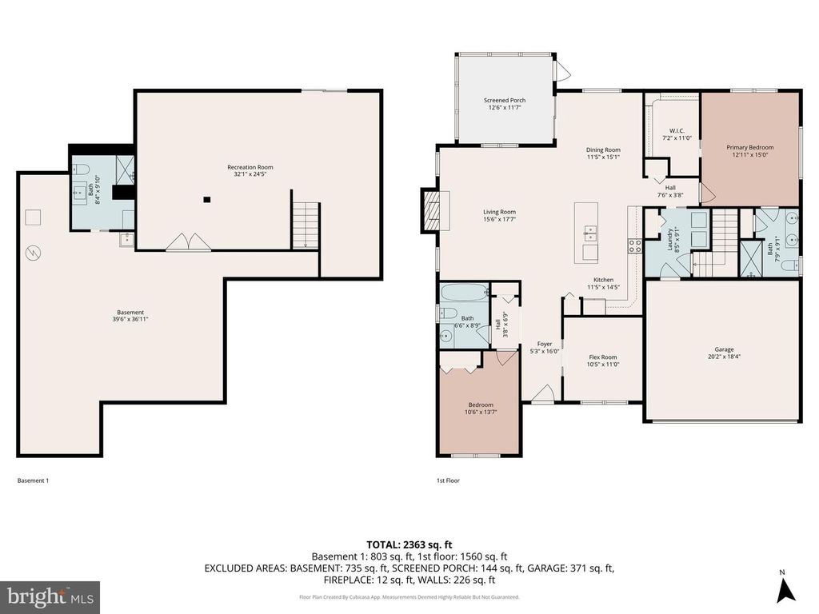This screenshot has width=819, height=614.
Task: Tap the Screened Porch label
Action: (505, 100)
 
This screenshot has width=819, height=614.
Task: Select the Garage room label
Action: (724, 349)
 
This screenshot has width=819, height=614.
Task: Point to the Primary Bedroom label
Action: (749, 147)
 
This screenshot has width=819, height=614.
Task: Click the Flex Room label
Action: (602, 357)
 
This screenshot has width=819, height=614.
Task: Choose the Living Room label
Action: (498, 212)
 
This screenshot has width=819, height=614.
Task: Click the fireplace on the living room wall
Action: (431, 211)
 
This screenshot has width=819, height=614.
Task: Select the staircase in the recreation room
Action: (306, 225)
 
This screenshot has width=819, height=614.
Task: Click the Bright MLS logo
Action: (50, 596)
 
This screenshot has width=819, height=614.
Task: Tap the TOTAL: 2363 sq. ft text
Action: (409, 543)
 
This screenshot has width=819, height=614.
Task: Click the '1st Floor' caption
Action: (447, 480)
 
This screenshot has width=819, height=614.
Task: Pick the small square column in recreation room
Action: (206, 199)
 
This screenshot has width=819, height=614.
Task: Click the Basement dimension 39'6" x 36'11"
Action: (130, 319)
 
